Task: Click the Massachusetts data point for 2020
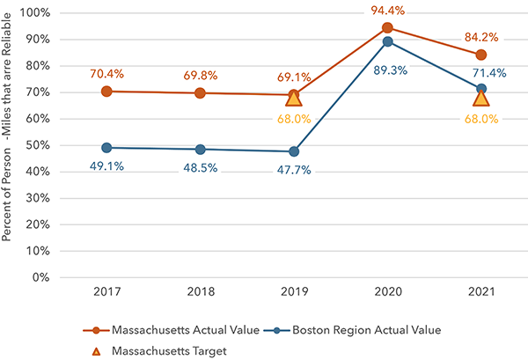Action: point(387,28)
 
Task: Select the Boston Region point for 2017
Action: point(106,148)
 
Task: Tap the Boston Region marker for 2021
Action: point(481,89)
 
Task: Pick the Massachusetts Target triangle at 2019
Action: point(294,98)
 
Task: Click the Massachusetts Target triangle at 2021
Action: point(481,98)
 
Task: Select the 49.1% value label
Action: point(106,166)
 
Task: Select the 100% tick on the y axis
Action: point(36,13)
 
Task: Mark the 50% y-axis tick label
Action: point(39,145)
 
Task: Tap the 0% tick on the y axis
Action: point(42,277)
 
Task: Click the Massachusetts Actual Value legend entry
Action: point(172,330)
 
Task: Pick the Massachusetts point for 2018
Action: point(200,92)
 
